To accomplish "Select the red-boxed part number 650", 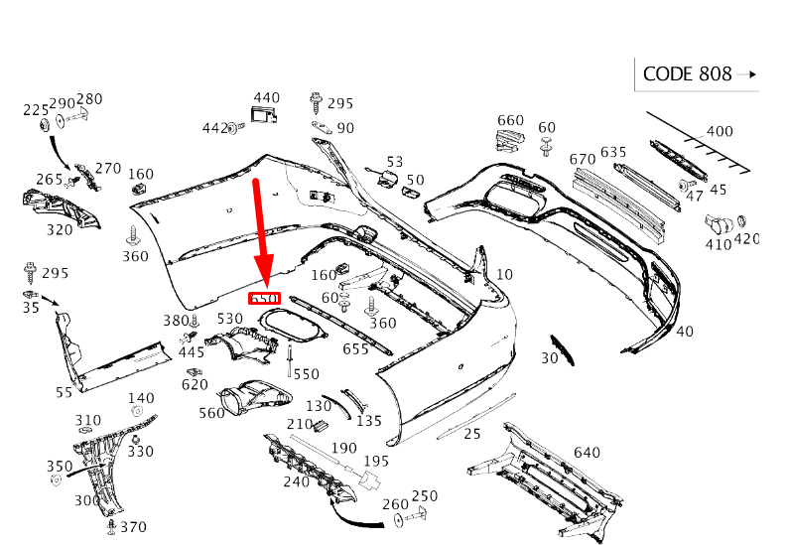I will [264, 298].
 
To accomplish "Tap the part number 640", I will [587, 453].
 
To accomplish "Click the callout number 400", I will [720, 131].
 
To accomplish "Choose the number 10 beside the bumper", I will [504, 275].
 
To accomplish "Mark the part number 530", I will [230, 319].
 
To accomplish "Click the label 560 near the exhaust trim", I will [211, 413].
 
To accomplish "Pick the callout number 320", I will [60, 229].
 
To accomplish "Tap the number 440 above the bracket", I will [267, 98].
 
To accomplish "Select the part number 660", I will [510, 121].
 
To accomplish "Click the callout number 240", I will [296, 481].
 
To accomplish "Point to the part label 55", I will [65, 392].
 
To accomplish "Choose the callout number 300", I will [87, 501].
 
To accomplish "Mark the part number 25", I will [472, 433].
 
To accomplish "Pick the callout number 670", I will [583, 159].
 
